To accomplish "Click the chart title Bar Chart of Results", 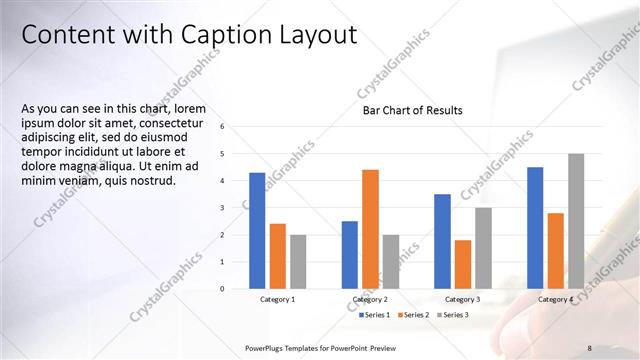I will point(412,110).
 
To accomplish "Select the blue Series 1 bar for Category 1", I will point(257,231).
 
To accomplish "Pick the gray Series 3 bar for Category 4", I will point(576,221).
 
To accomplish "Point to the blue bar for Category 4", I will point(535,228).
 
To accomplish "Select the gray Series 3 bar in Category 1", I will point(298,262).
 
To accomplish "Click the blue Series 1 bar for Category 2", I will point(350,255).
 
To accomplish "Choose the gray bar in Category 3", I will point(483,248).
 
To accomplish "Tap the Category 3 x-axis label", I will point(462,300).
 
